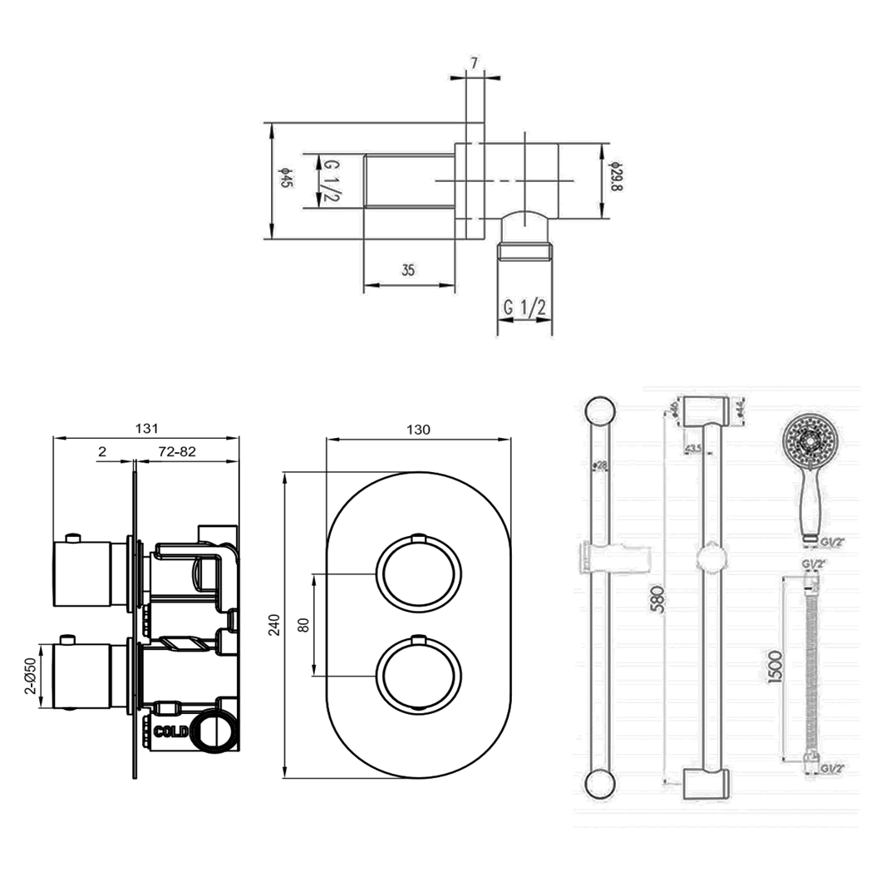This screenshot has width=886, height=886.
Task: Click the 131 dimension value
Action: [146, 429]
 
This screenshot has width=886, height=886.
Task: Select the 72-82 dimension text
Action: [176, 451]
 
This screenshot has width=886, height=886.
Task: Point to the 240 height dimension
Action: [275, 624]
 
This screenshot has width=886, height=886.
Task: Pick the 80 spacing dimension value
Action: [303, 624]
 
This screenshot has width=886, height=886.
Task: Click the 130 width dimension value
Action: [418, 430]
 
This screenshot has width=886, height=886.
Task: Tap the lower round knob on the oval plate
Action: [418, 673]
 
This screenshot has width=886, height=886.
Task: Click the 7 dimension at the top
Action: [474, 63]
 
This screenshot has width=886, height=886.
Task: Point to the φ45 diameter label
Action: [284, 180]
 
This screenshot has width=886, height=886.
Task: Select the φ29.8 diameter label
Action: [616, 176]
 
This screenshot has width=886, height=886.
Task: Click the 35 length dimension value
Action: [408, 270]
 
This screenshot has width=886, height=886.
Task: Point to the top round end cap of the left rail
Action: [599, 412]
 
